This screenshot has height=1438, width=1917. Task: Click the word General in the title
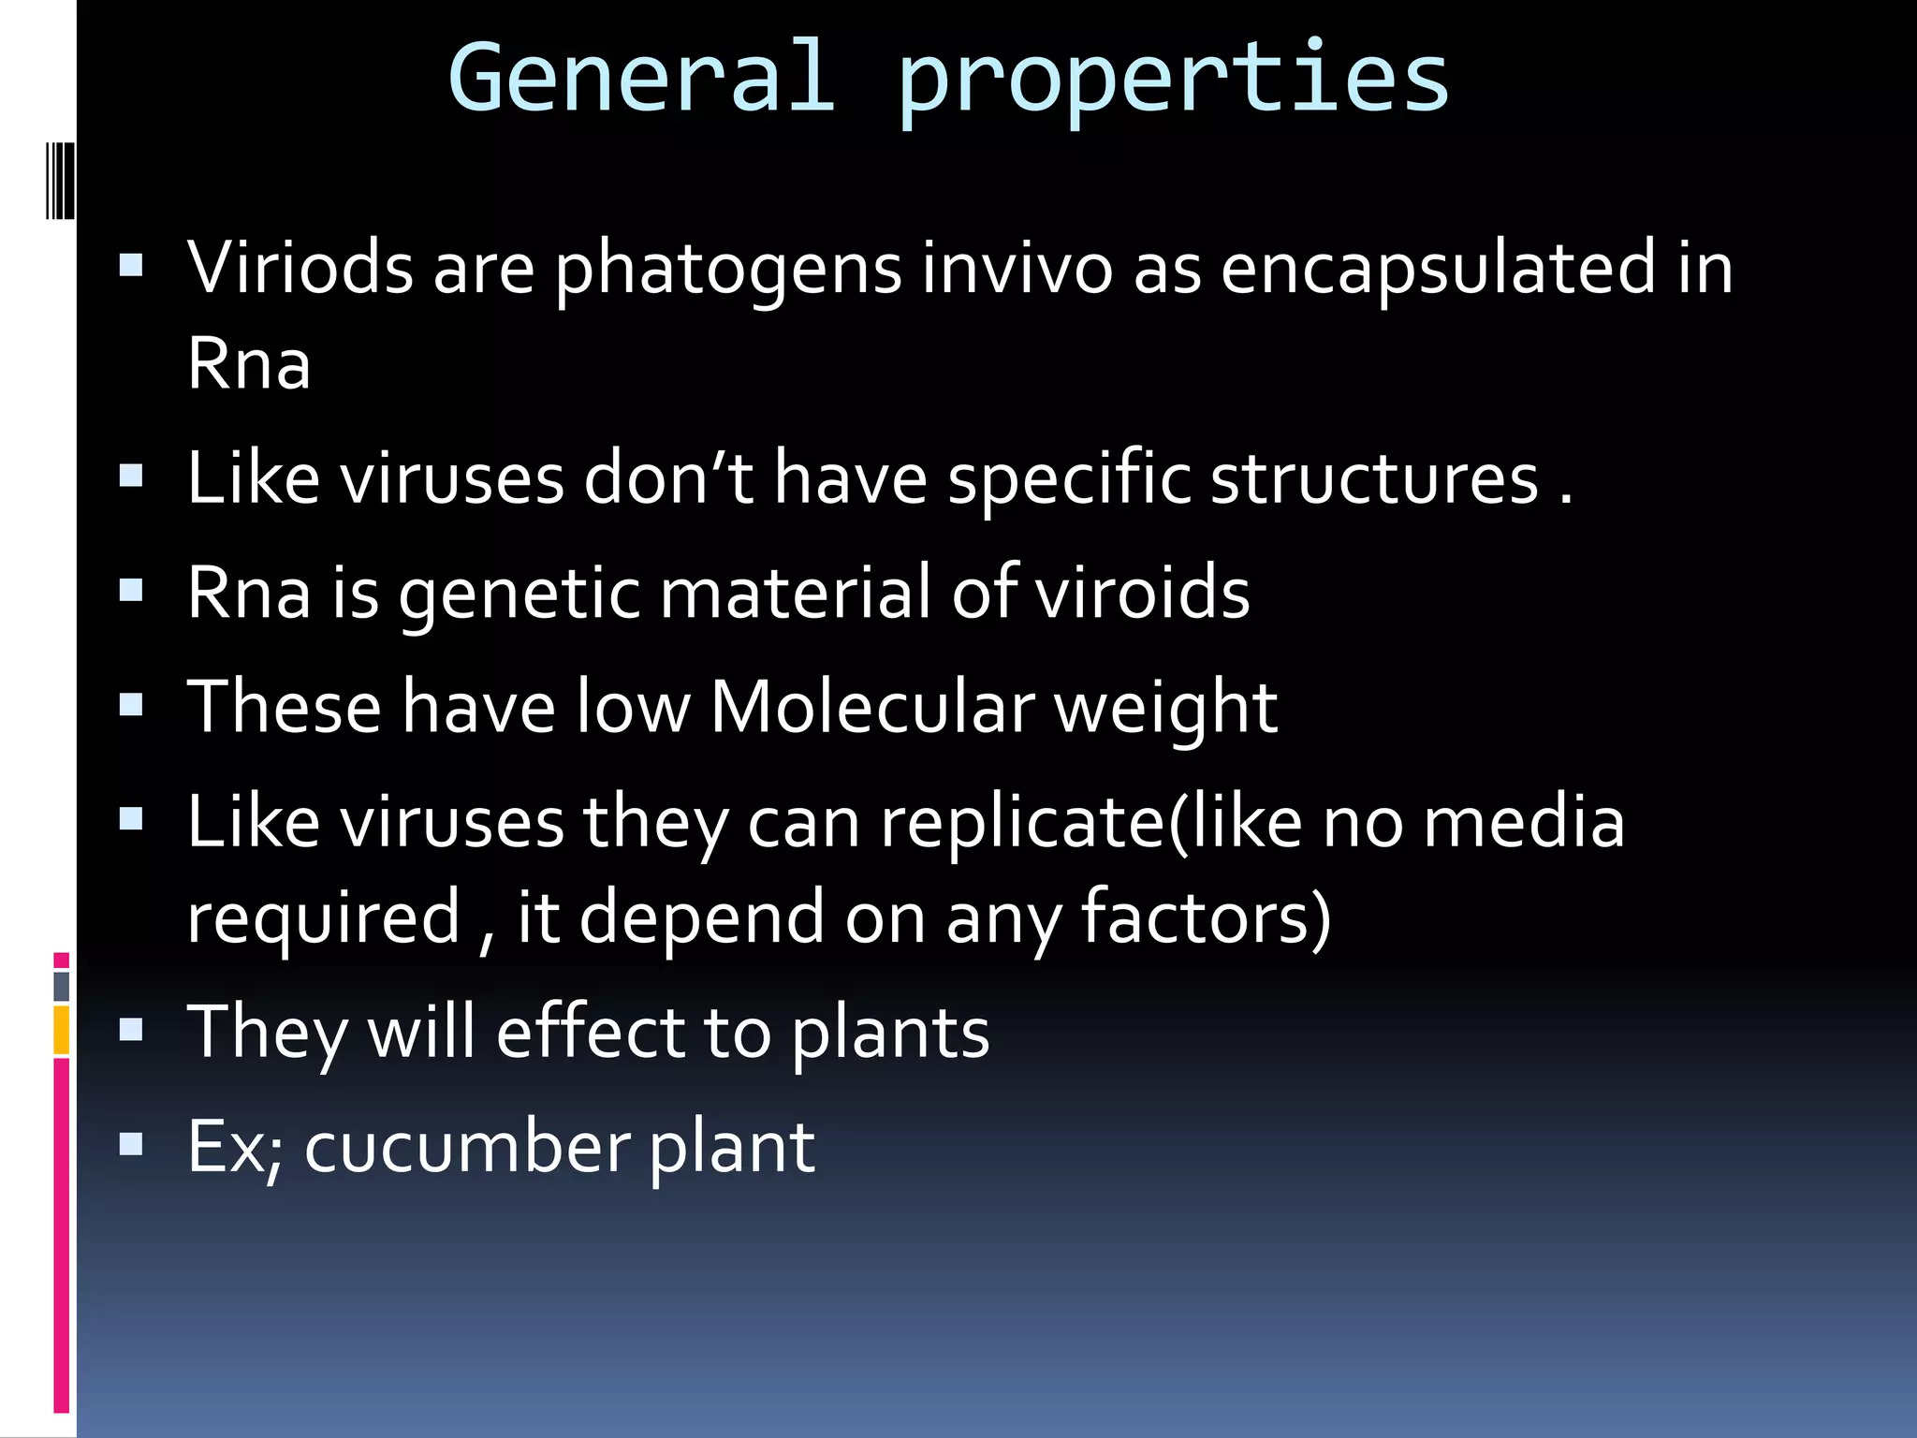pyautogui.click(x=642, y=79)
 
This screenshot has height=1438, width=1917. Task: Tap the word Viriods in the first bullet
pyautogui.click(x=300, y=269)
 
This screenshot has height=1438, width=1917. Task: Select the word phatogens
pyautogui.click(x=728, y=272)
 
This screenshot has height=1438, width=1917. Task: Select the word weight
pyautogui.click(x=1166, y=712)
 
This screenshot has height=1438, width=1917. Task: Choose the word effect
pyautogui.click(x=589, y=1033)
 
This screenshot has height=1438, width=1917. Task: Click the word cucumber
pyautogui.click(x=467, y=1147)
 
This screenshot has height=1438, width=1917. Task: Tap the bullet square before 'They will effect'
pyautogui.click(x=131, y=1031)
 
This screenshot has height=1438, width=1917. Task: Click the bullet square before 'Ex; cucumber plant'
pyautogui.click(x=131, y=1145)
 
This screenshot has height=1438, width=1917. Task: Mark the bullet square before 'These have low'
pyautogui.click(x=131, y=705)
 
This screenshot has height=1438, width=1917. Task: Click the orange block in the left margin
pyautogui.click(x=62, y=1030)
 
